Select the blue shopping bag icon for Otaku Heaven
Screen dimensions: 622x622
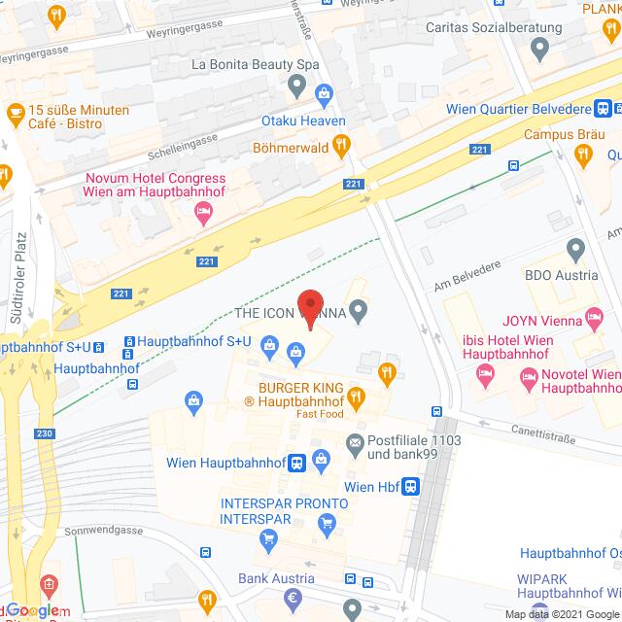(x=325, y=94)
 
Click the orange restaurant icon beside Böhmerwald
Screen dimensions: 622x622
(x=341, y=146)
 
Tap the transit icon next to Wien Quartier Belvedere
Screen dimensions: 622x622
(x=604, y=109)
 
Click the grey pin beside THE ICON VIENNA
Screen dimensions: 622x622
(x=360, y=313)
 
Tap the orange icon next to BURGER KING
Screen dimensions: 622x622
(x=356, y=396)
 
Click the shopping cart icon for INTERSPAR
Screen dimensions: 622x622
(x=326, y=523)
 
